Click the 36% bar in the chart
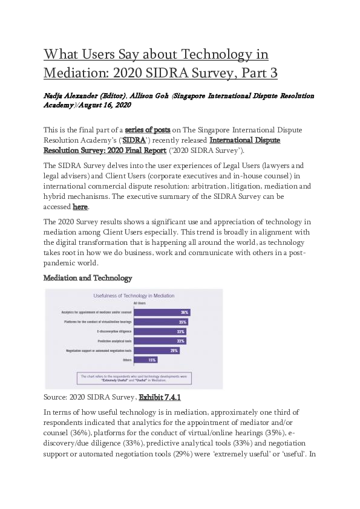pyautogui.click(x=162, y=313)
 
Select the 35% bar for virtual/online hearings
pyautogui.click(x=160, y=322)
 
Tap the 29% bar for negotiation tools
pyautogui.click(x=156, y=351)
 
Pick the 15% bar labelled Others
pyautogui.click(x=146, y=360)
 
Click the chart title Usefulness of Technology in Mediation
pyautogui.click(x=133, y=296)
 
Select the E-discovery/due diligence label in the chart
pyautogui.click(x=114, y=332)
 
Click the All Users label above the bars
pyautogui.click(x=140, y=305)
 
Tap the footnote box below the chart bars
pyautogui.click(x=134, y=378)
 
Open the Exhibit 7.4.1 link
pyautogui.click(x=160, y=398)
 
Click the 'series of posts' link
pyautogui.click(x=147, y=130)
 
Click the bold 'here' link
pyautogui.click(x=80, y=207)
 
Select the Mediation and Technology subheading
pyautogui.click(x=88, y=278)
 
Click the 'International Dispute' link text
pyautogui.click(x=245, y=140)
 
